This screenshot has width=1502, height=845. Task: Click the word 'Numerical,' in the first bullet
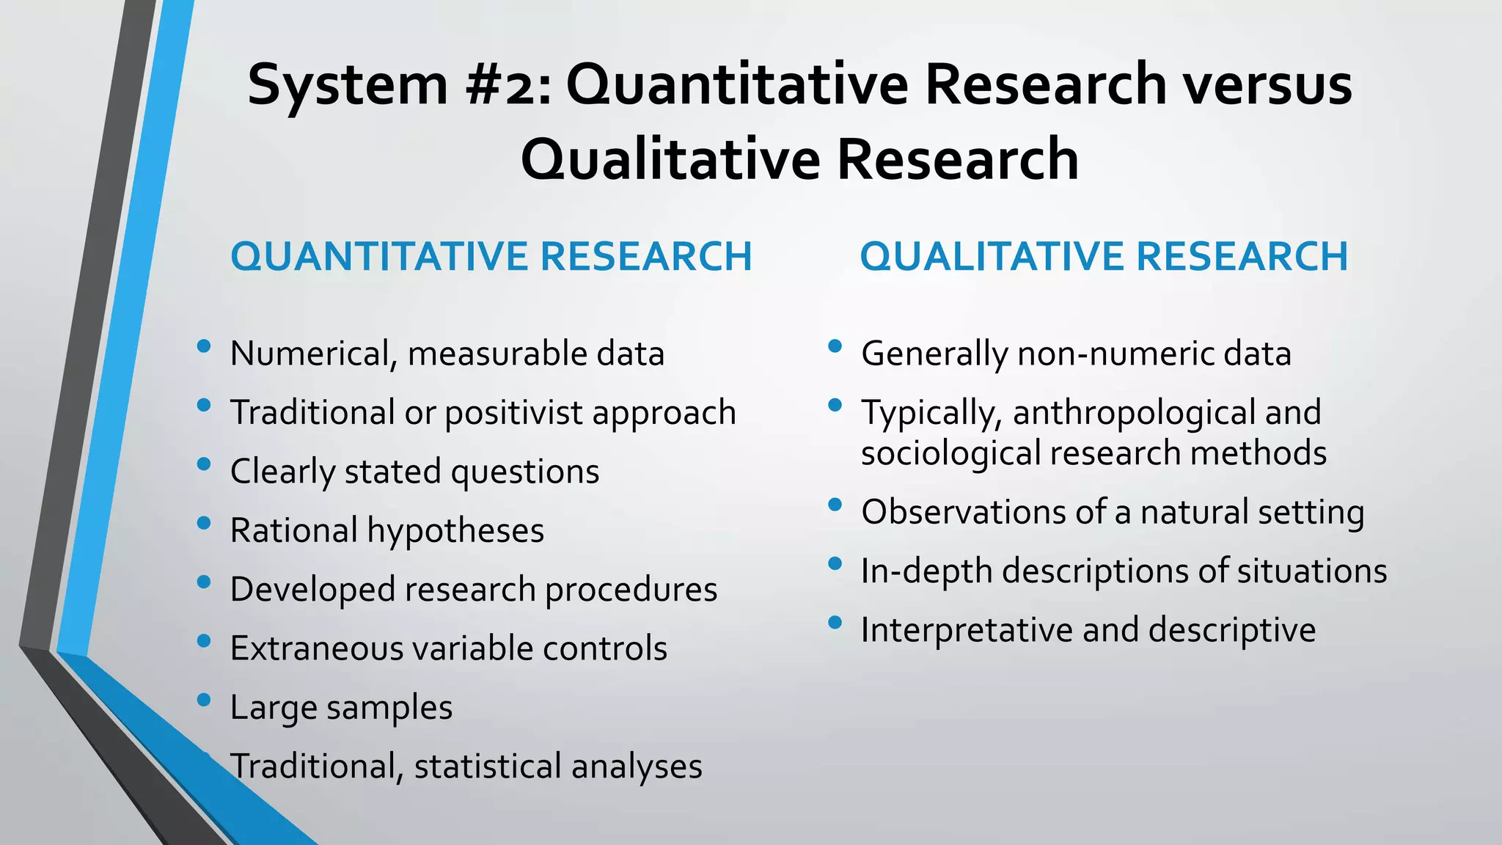tap(313, 354)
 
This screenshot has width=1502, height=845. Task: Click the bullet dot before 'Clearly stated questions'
tap(204, 464)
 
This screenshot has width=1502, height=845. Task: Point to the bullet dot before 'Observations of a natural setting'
tap(835, 504)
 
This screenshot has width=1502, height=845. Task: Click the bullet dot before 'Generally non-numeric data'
tap(835, 345)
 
